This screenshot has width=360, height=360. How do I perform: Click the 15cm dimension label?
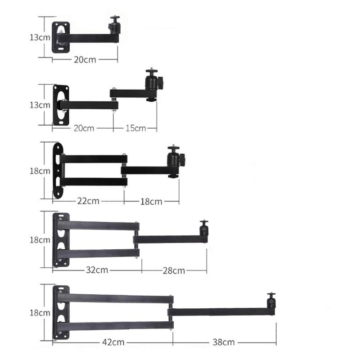click(135, 128)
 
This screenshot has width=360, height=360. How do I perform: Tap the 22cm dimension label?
click(88, 201)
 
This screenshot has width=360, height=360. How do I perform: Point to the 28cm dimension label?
click(174, 270)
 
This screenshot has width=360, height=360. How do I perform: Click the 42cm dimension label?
click(112, 342)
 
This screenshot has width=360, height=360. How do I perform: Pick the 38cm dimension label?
click(223, 342)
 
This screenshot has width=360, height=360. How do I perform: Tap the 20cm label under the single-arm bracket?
click(85, 59)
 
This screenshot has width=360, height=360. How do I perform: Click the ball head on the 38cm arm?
click(271, 301)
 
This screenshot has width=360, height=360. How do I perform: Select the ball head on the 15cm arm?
click(151, 81)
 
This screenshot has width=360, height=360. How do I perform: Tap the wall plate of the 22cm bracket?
click(58, 171)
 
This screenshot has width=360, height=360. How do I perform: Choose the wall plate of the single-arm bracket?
click(61, 37)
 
